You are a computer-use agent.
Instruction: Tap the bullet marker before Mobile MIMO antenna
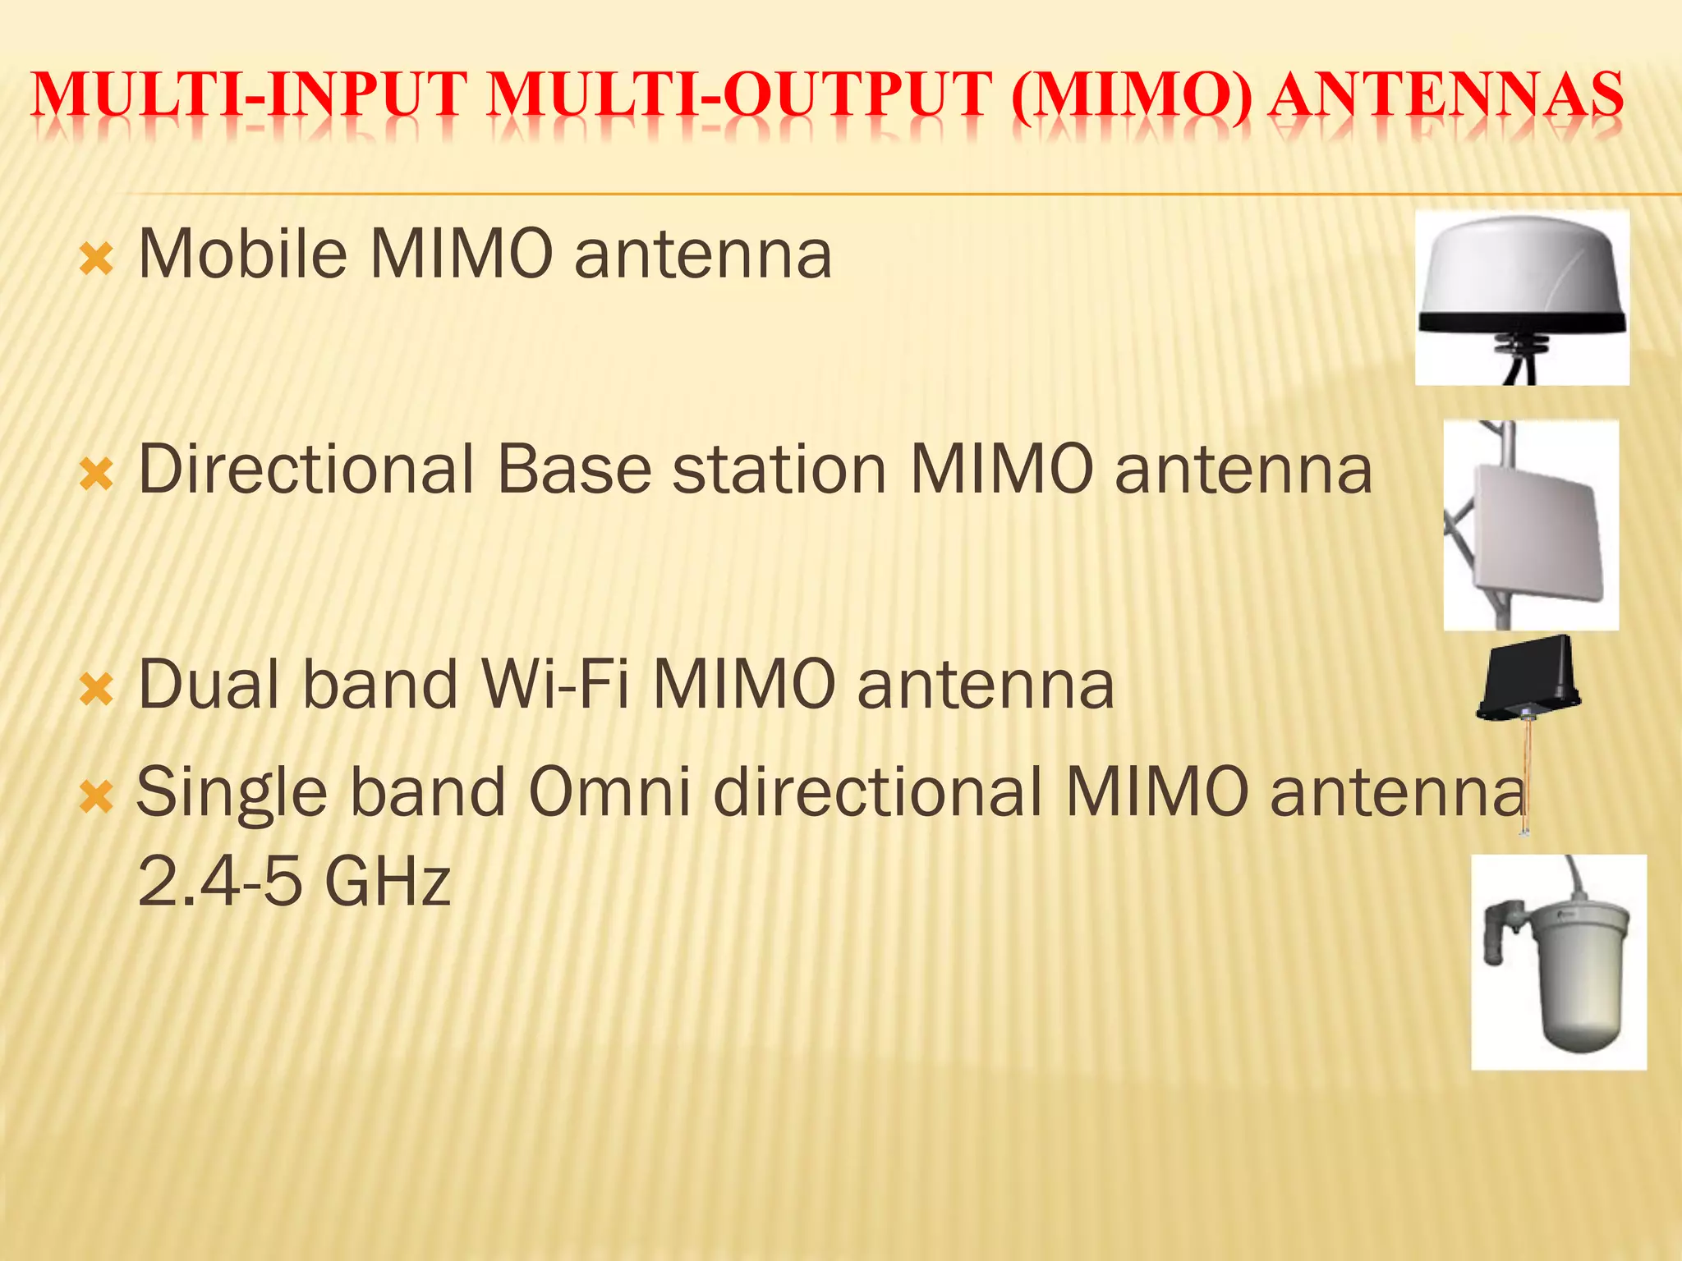pyautogui.click(x=96, y=260)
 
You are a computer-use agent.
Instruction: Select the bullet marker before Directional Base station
pyautogui.click(x=96, y=475)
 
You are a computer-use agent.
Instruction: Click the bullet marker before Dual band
pyautogui.click(x=96, y=690)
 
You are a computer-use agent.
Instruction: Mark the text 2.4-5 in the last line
pyautogui.click(x=219, y=880)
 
